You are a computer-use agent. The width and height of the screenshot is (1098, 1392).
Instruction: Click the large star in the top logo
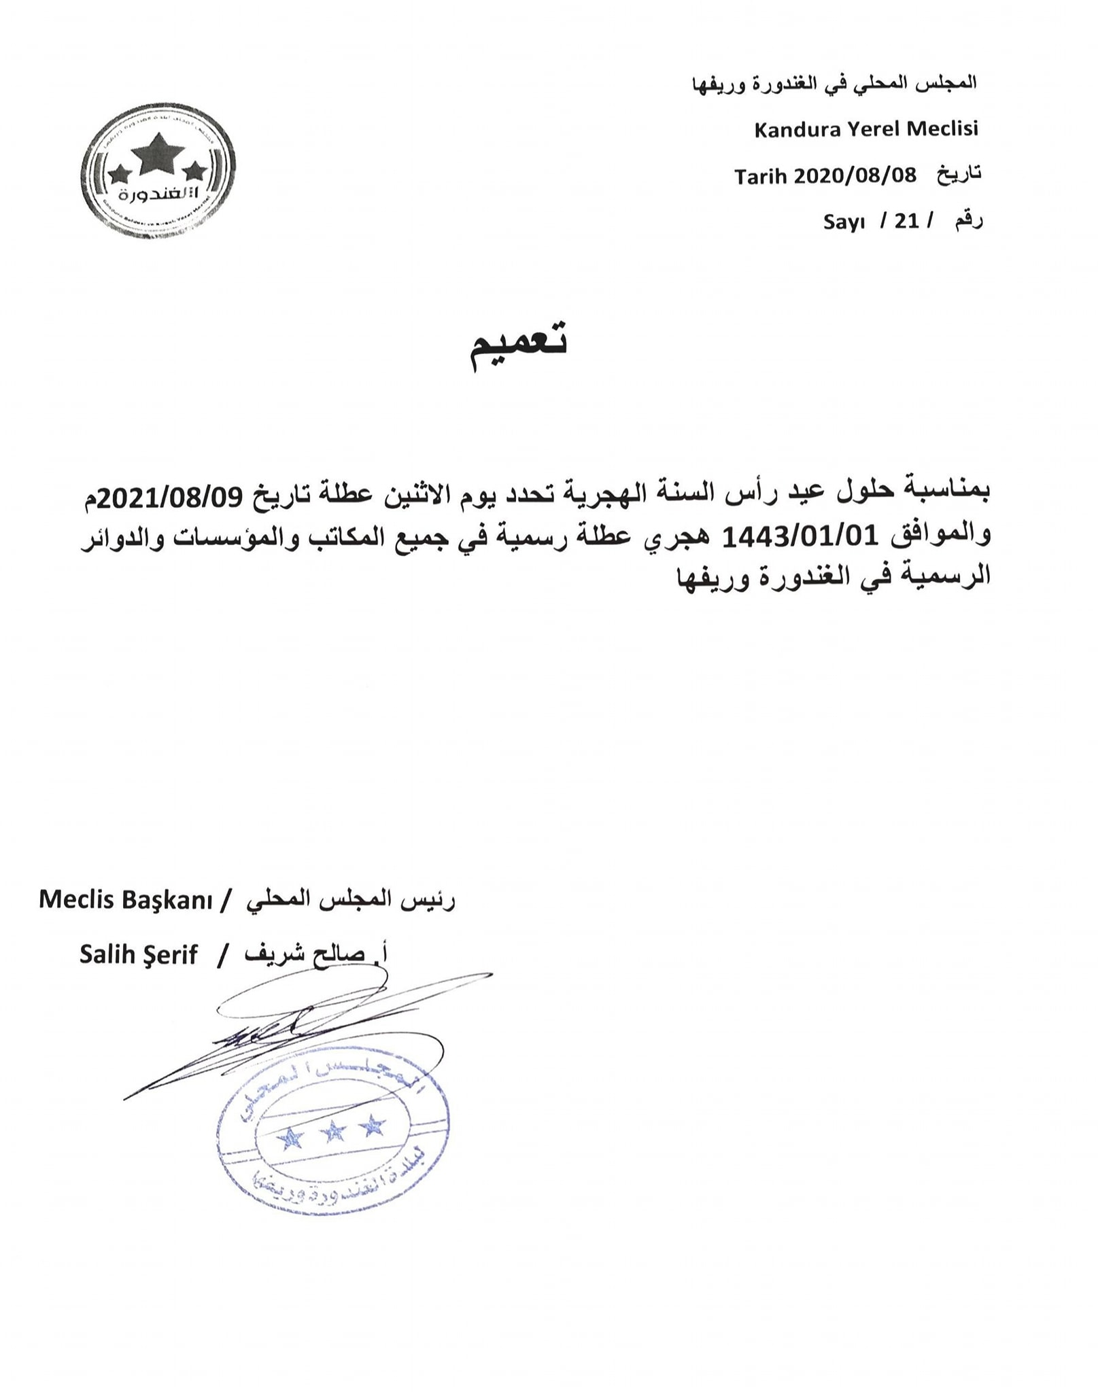tap(157, 154)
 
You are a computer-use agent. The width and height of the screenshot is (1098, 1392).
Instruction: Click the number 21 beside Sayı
tap(906, 221)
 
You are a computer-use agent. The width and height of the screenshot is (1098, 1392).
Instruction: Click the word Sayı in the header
tap(843, 222)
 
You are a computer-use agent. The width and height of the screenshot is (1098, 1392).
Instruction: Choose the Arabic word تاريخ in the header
tap(959, 175)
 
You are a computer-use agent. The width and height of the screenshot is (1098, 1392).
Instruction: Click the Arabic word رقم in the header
tap(969, 221)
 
